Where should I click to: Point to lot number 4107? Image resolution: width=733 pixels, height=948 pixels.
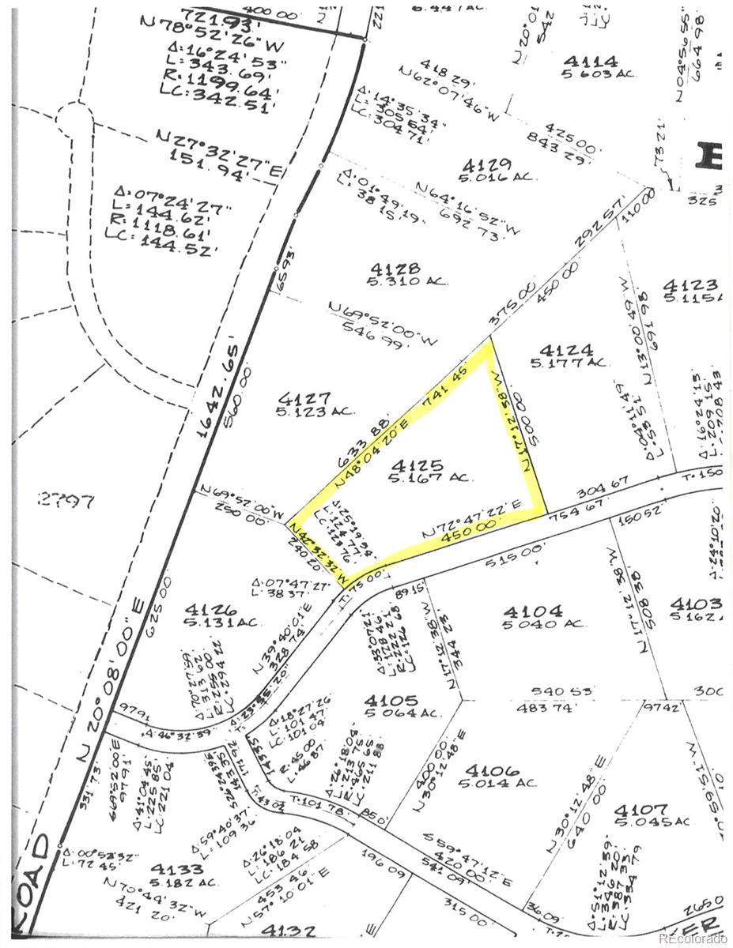[x=640, y=810]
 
